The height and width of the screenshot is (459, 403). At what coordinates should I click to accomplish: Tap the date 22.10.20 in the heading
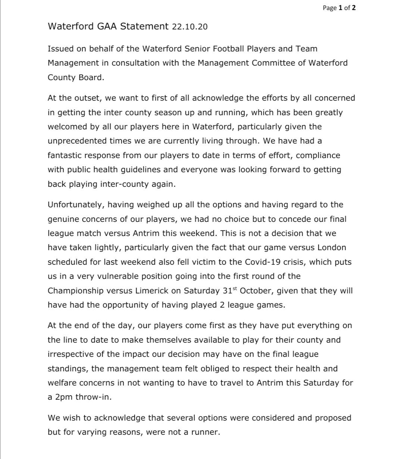click(190, 27)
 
